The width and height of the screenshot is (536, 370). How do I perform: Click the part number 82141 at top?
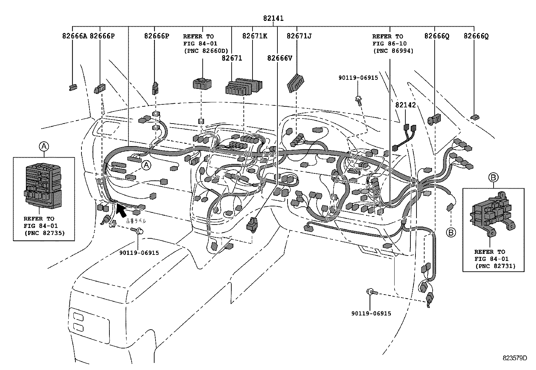[273, 19]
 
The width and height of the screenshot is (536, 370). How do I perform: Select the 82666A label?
[74, 36]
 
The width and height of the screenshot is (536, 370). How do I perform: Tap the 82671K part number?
[255, 36]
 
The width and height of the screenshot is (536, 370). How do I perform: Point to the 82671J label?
[299, 36]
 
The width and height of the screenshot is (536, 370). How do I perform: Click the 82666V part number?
[279, 58]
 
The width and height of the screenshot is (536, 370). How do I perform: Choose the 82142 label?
[405, 105]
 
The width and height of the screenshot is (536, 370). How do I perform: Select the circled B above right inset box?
[493, 177]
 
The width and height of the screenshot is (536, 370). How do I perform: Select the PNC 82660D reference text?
[205, 51]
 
